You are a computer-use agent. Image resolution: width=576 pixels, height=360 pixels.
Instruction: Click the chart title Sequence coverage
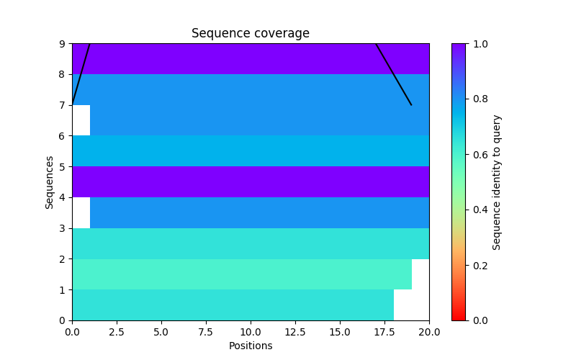click(250, 34)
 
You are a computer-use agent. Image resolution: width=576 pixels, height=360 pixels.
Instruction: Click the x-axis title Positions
click(250, 346)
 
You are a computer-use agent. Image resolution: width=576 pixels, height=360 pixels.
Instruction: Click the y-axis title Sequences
click(50, 182)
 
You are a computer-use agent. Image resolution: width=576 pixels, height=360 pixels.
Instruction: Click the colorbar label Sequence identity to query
click(497, 182)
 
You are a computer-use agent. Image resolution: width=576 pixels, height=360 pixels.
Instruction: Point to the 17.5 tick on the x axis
click(384, 320)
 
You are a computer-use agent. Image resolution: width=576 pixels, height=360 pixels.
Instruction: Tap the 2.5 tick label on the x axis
click(117, 333)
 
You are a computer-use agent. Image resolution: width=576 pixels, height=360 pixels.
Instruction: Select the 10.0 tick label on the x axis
click(251, 333)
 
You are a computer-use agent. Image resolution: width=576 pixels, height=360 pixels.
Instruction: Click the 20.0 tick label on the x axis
click(429, 333)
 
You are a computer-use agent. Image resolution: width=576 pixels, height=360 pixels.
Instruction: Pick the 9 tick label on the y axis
click(62, 44)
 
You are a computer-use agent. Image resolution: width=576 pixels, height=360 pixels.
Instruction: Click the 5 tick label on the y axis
click(62, 167)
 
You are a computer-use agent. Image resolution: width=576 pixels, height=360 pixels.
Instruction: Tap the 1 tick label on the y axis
click(62, 290)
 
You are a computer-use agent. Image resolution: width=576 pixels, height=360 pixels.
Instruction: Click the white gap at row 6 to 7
click(81, 120)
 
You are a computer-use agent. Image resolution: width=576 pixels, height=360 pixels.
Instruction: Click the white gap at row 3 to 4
click(81, 213)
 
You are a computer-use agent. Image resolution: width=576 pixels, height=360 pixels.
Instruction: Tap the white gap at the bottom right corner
click(412, 305)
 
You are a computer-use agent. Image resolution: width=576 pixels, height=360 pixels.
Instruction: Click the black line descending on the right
click(394, 75)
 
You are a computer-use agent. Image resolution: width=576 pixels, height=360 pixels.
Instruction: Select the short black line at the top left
click(81, 73)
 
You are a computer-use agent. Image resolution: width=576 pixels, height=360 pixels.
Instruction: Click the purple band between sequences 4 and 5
click(251, 182)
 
